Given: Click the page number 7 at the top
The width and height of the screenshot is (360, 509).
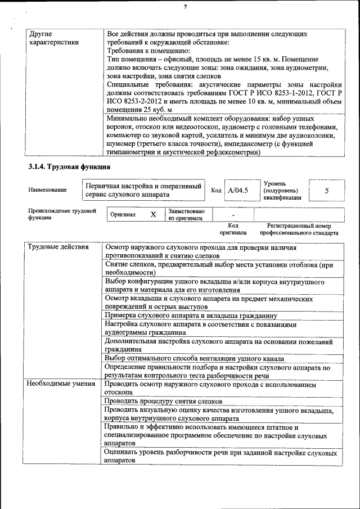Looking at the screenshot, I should [x=184, y=7].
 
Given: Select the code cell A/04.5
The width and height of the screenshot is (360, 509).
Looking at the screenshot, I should [x=237, y=190].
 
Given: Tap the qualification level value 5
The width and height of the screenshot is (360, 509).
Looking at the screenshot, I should [x=327, y=190].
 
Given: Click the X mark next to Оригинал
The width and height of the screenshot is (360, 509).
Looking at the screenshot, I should [x=153, y=215].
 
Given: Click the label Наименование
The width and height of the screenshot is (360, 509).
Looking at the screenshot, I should [x=47, y=190].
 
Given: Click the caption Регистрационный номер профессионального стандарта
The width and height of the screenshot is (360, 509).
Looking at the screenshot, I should [x=299, y=229].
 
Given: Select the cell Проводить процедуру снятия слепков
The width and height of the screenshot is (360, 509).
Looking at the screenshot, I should [x=163, y=401].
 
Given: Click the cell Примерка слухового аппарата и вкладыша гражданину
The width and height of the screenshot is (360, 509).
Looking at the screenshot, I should [x=191, y=316].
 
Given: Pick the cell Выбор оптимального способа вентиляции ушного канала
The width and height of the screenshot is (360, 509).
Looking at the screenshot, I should [x=194, y=358].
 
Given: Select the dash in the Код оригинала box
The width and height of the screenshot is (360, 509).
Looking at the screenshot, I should [x=233, y=215].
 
